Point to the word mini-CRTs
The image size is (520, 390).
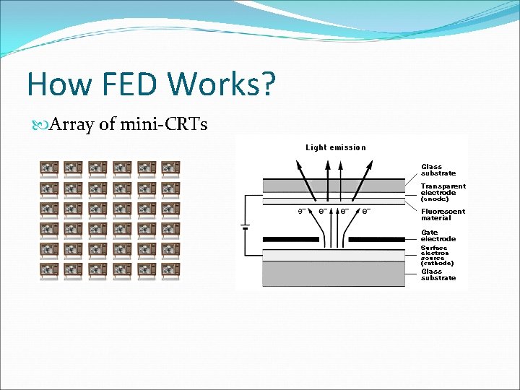164,125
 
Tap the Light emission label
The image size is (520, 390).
336,147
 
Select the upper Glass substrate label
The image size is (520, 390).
438,170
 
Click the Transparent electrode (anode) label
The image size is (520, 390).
443,192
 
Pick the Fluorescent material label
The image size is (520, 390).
443,214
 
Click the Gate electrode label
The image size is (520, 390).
438,235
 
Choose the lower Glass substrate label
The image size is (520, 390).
438,274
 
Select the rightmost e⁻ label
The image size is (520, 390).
367,211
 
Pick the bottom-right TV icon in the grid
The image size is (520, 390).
170,271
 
